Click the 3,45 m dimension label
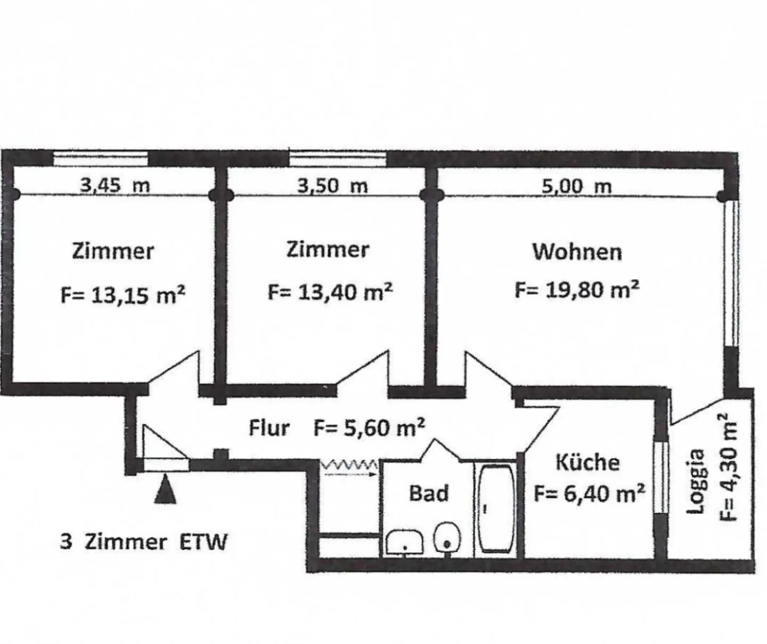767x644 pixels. click(x=116, y=185)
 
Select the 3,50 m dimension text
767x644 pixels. click(x=332, y=185)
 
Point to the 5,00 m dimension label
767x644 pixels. click(x=577, y=186)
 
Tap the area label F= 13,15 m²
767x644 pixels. click(x=123, y=295)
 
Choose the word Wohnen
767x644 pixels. click(x=577, y=252)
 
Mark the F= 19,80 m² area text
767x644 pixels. click(x=577, y=290)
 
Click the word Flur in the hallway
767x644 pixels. click(x=270, y=428)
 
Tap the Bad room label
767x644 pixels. click(x=429, y=493)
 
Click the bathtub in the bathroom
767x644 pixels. click(x=496, y=508)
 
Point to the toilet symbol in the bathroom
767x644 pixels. click(x=447, y=537)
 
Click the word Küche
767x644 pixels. click(x=588, y=463)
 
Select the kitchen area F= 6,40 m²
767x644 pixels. click(x=589, y=494)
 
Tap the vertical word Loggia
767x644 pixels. click(x=696, y=481)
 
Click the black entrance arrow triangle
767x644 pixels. click(x=165, y=489)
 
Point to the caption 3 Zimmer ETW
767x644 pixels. click(x=144, y=542)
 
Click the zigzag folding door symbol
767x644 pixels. click(x=349, y=466)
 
